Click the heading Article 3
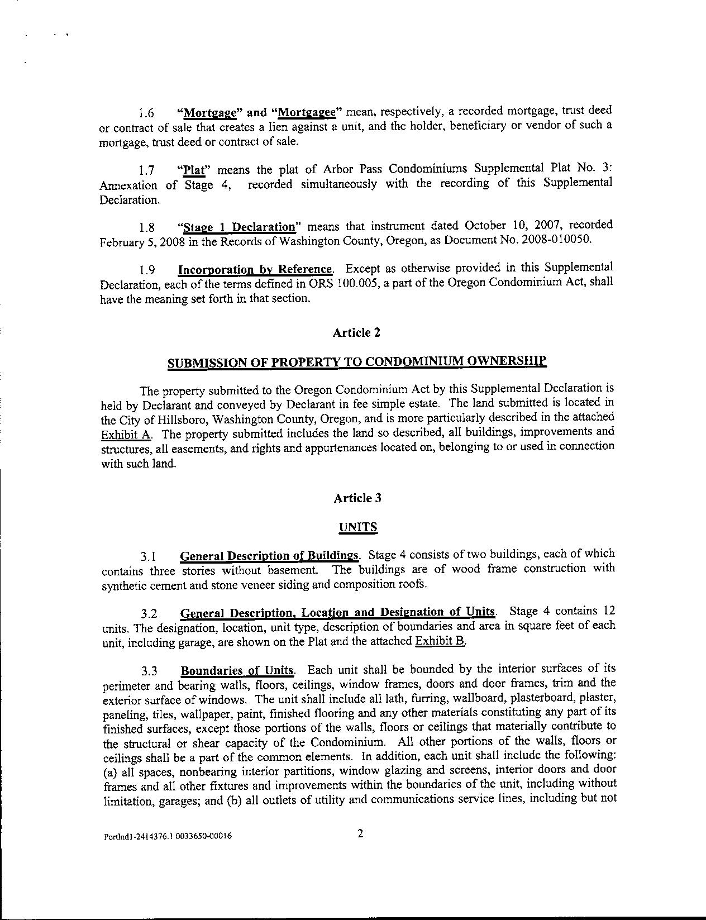(x=357, y=498)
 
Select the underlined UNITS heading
(x=358, y=527)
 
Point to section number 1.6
(x=146, y=113)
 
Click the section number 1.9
(x=147, y=270)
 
